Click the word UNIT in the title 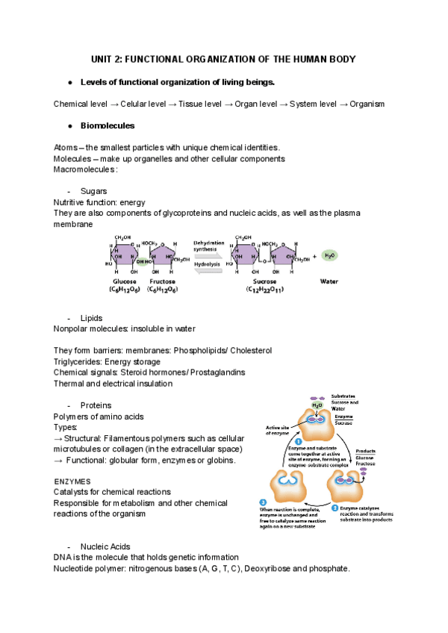[102, 59]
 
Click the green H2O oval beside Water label [330, 255]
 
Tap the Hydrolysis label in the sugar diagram [207, 264]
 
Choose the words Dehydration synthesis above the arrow [206, 246]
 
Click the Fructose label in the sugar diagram [162, 281]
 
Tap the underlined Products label [365, 452]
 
